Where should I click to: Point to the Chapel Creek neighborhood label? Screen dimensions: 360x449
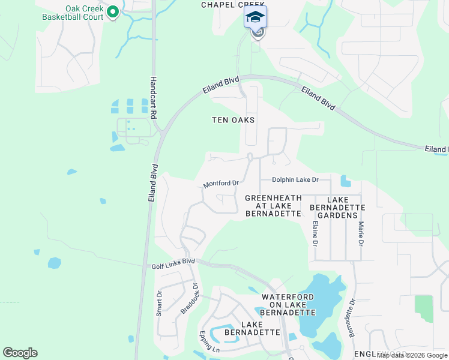(x=232, y=4)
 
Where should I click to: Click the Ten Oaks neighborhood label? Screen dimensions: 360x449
(x=234, y=120)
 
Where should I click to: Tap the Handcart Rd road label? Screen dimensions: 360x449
(x=154, y=98)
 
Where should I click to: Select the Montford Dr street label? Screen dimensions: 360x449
(x=221, y=184)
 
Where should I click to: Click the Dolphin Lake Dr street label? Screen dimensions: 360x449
(x=294, y=179)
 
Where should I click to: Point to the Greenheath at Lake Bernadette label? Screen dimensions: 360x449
(x=273, y=205)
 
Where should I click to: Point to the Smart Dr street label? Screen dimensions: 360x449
(x=160, y=304)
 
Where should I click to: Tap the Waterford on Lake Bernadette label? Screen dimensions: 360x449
(x=288, y=305)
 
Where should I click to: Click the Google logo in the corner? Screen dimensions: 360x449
(x=20, y=353)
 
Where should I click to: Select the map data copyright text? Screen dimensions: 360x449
(x=411, y=356)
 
